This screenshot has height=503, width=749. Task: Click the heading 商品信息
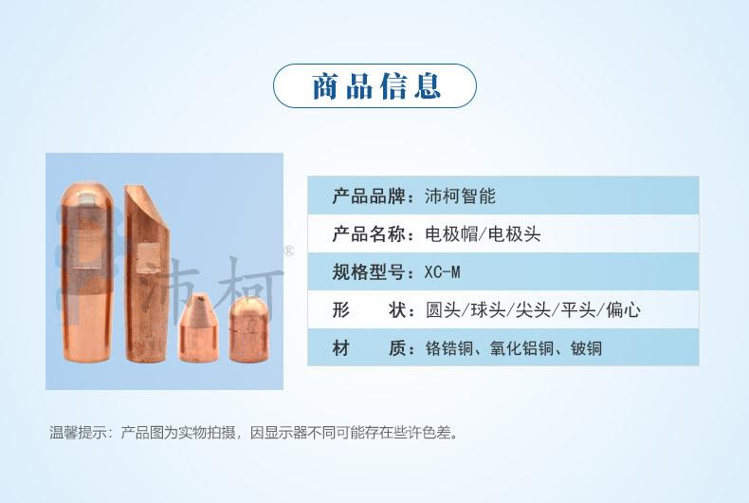(x=376, y=86)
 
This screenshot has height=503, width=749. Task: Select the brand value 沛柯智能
(x=460, y=196)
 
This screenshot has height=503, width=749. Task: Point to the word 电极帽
(x=451, y=234)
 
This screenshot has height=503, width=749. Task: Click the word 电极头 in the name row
(x=515, y=234)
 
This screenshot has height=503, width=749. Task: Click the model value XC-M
(x=443, y=272)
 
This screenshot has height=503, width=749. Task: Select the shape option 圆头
(x=443, y=310)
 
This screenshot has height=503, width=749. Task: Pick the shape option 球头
(x=487, y=310)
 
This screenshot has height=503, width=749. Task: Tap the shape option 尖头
(x=533, y=310)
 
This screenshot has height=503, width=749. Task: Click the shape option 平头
(x=578, y=310)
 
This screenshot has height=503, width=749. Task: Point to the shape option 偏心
(x=623, y=310)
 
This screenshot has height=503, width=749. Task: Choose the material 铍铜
(x=586, y=348)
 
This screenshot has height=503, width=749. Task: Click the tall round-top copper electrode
(x=87, y=271)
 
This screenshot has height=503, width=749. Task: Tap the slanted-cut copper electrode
(x=147, y=274)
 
